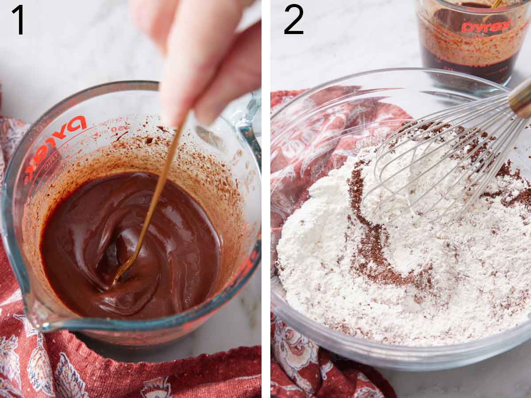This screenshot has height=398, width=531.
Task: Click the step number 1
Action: coord(18,19)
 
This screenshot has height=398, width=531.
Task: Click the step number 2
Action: coord(293,19)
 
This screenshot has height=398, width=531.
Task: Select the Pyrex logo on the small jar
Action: coord(486,27)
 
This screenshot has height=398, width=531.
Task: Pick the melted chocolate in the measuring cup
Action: coord(133,248)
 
